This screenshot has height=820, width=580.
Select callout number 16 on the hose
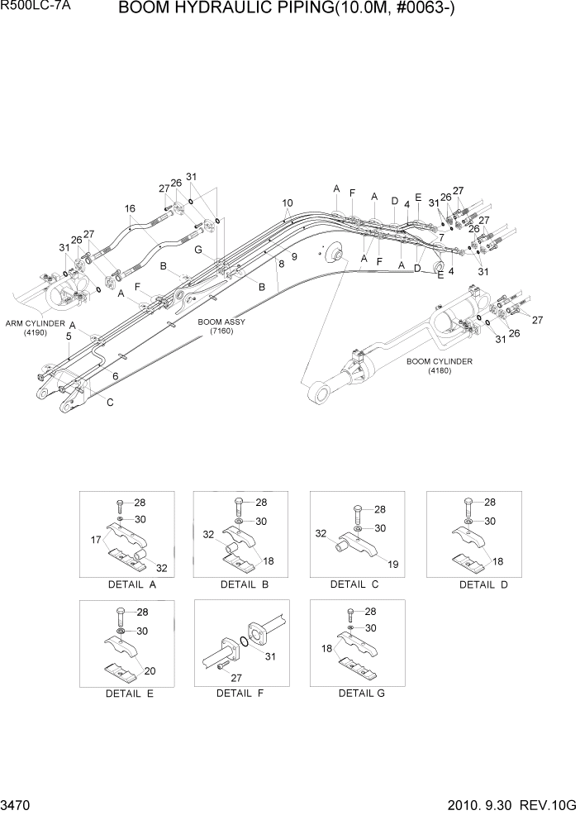pyautogui.click(x=130, y=208)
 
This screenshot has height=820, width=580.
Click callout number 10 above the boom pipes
pyautogui.click(x=287, y=203)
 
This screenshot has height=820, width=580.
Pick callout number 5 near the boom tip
pyautogui.click(x=69, y=336)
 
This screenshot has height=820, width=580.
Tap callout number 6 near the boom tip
pyautogui.click(x=115, y=376)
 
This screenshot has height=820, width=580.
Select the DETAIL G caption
pyautogui.click(x=361, y=693)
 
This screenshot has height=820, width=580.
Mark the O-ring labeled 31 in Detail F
pyautogui.click(x=246, y=641)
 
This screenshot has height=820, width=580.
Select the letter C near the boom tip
pyautogui.click(x=110, y=402)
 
